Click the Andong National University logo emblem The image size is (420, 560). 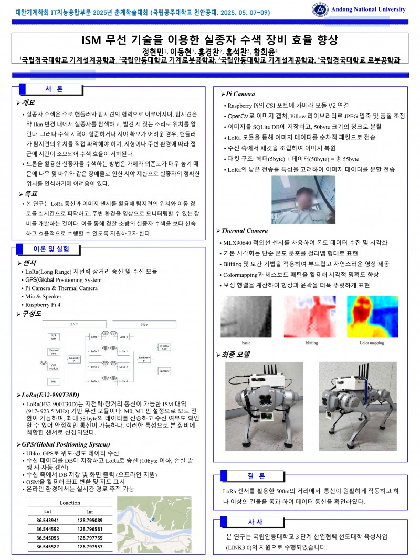tap(319, 9)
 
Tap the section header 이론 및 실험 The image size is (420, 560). tap(51, 248)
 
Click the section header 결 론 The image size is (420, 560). tap(256, 475)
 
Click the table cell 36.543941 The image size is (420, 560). tap(48, 520)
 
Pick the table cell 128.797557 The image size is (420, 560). tap(90, 547)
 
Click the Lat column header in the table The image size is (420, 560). tap(90, 511)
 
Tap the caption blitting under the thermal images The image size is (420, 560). tap(311, 343)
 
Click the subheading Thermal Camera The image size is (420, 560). tap(245, 231)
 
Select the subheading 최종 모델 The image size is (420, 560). tap(236, 355)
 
